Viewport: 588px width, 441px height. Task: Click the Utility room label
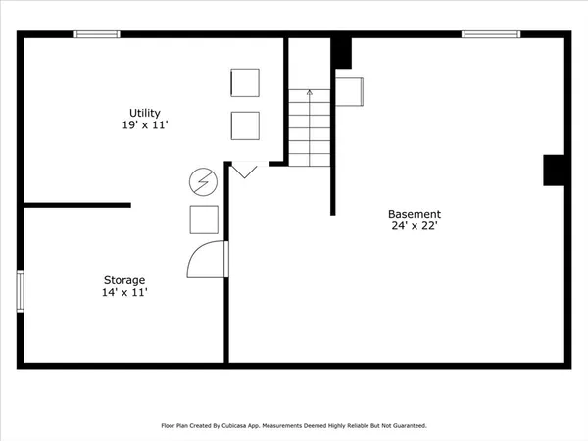tap(145, 113)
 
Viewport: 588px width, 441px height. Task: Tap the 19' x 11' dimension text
tap(145, 125)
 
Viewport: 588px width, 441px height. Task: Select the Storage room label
tap(125, 279)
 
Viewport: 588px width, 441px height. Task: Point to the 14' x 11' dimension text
tap(125, 292)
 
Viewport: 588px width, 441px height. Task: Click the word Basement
tap(415, 214)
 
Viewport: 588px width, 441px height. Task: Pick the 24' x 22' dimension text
tap(415, 226)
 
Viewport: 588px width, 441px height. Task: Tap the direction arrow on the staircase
tap(310, 94)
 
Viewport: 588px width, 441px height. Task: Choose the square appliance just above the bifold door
tap(245, 125)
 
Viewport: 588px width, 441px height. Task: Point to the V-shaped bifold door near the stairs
tap(245, 171)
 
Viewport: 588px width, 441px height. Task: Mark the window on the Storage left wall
tap(20, 291)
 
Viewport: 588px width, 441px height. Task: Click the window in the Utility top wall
tap(97, 34)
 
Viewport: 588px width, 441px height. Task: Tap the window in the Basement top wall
tap(490, 34)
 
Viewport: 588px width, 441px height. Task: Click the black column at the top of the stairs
tap(342, 52)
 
